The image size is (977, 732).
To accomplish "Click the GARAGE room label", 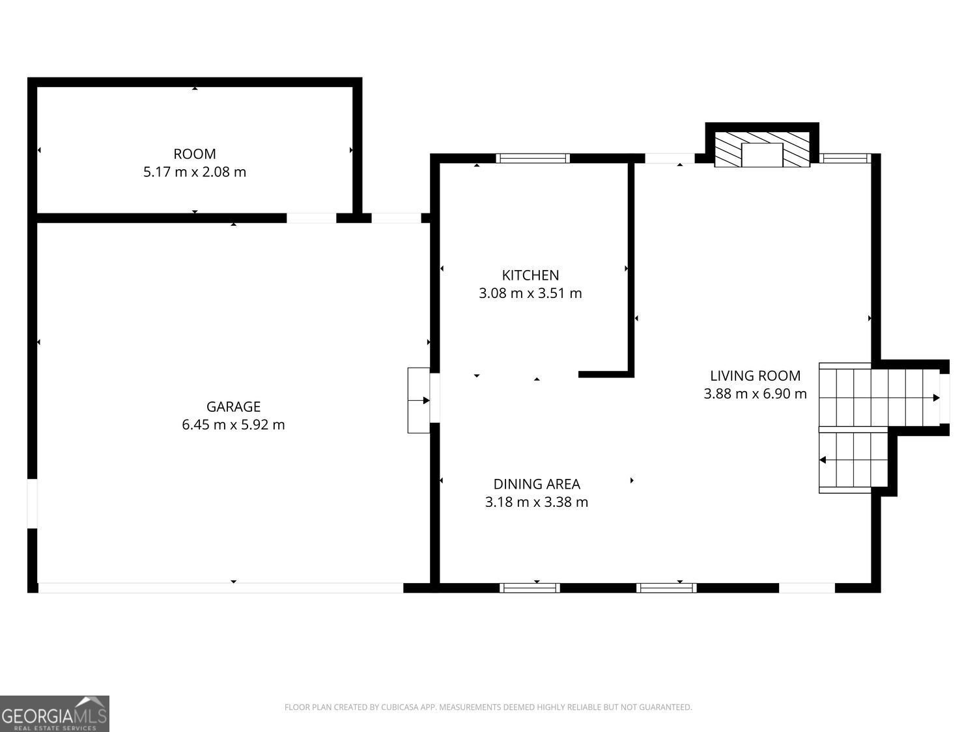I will [x=233, y=407].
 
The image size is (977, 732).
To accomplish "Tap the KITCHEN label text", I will [x=530, y=275].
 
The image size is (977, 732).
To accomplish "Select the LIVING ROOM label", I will [x=755, y=375].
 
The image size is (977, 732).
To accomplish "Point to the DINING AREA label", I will [x=536, y=484].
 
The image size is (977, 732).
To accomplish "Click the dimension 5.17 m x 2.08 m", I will [x=195, y=172].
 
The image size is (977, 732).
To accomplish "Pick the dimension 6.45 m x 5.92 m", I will [x=233, y=425].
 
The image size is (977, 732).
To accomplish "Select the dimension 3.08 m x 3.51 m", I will [x=530, y=293].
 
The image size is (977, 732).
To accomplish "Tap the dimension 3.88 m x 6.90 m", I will [x=755, y=394].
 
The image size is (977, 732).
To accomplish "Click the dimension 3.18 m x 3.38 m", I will [x=536, y=502].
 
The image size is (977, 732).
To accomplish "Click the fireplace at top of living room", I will [x=762, y=150].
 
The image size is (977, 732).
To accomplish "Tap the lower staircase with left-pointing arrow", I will [x=853, y=460].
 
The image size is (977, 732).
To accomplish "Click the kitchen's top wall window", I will [x=533, y=158].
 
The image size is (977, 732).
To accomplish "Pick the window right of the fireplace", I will [x=845, y=158].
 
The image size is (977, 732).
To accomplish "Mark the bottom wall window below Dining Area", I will [x=530, y=588].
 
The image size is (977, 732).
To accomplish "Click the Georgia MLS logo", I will [x=55, y=714].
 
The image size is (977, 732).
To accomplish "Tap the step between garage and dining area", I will [x=418, y=400].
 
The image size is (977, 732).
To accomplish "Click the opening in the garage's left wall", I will [x=32, y=504].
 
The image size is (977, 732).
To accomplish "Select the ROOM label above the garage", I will [x=195, y=154].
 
